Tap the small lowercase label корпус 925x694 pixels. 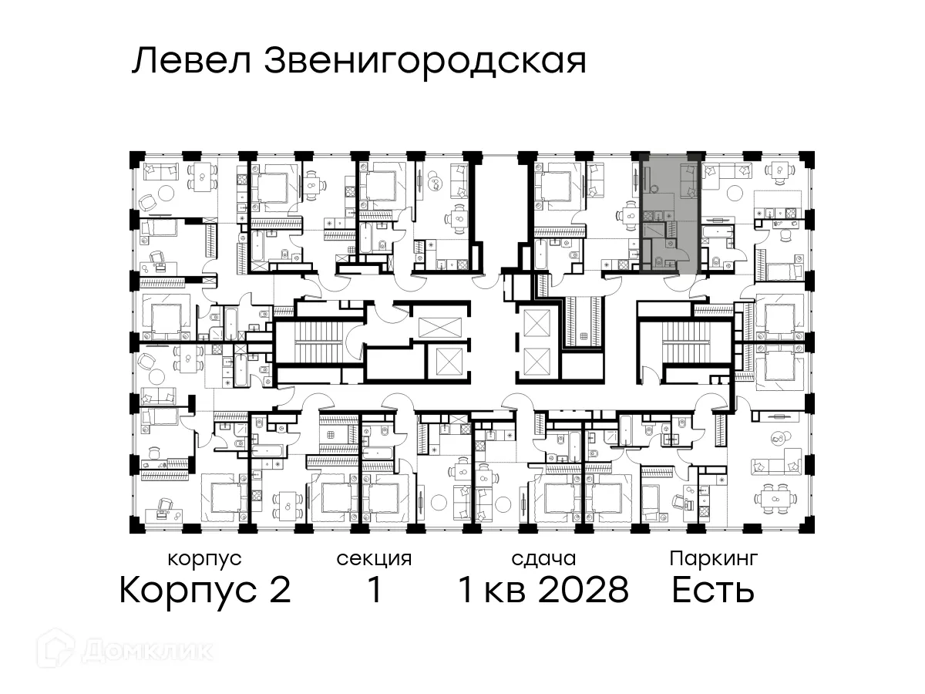point(204,558)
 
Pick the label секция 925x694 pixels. point(374,558)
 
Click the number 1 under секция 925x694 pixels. point(375,591)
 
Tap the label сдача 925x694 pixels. point(543,558)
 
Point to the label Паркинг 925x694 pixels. point(713,558)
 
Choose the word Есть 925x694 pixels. point(712,591)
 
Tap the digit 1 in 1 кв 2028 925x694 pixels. point(466,591)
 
